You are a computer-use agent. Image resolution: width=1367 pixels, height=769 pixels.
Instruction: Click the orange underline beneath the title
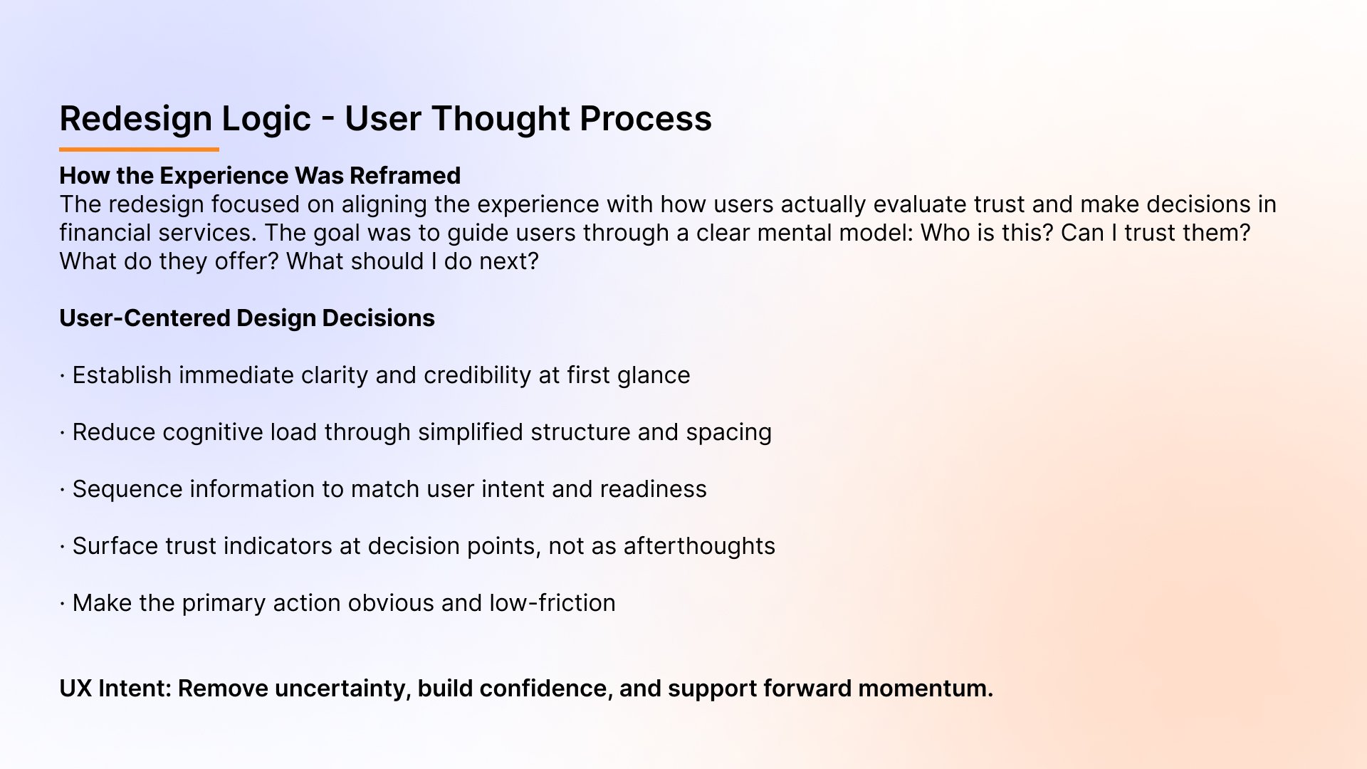(x=139, y=150)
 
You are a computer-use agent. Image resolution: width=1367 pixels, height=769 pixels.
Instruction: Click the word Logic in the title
(x=266, y=119)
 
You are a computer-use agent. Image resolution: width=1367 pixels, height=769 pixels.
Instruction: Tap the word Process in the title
(x=645, y=119)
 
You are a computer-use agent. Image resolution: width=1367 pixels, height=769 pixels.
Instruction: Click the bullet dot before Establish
(x=63, y=375)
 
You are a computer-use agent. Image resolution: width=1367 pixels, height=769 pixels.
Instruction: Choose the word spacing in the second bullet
(x=728, y=432)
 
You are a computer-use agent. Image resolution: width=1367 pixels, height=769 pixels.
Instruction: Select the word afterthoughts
(x=699, y=546)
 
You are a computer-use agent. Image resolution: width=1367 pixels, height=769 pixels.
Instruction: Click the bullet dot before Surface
(x=63, y=546)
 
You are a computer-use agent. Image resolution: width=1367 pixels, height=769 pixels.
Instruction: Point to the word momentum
(x=925, y=689)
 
